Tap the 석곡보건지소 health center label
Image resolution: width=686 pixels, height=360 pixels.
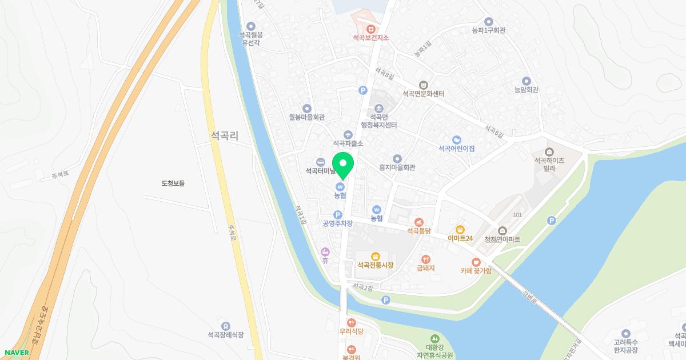point(370,38)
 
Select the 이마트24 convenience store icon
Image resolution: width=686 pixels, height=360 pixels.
point(460,229)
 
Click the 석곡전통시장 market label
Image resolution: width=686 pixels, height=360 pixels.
point(375,265)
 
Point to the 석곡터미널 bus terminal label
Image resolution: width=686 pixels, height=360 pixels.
point(321,170)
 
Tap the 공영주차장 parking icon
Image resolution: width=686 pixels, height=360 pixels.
point(337,214)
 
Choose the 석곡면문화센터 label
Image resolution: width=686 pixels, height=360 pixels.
point(423,94)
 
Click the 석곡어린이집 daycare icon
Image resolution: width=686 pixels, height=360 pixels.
point(456,139)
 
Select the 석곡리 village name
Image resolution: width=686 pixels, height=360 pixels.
point(224,135)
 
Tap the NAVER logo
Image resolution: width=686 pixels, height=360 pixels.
point(15,353)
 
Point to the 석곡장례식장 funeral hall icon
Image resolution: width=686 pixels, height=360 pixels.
point(226,326)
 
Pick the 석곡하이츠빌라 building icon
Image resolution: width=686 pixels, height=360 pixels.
point(549,152)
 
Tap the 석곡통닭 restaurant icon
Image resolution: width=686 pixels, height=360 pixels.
point(418,222)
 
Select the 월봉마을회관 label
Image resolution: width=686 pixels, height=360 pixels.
point(306,117)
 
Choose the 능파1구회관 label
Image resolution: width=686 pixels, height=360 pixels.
point(488,30)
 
